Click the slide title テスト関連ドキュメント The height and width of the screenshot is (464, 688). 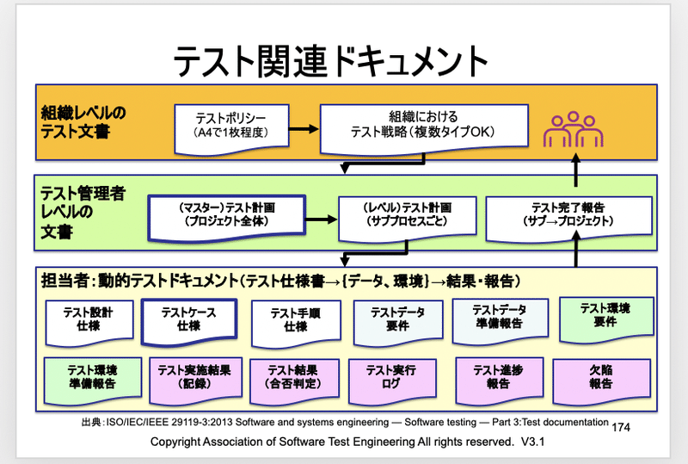point(331,61)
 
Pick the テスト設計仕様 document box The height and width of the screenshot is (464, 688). point(86,319)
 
